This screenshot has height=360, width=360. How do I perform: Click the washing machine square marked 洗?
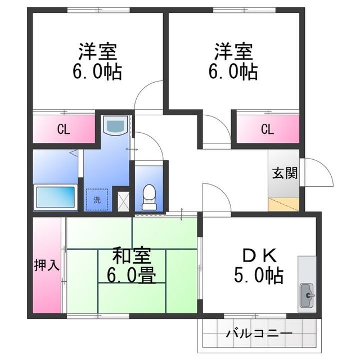97,199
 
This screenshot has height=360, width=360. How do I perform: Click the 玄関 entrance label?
285,173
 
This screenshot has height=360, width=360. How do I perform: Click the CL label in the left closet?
63,130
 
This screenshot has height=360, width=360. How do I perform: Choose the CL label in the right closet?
267,130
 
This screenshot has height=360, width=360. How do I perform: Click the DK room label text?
258,255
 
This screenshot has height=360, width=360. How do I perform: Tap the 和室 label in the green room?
132,256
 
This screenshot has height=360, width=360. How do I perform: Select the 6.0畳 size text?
132,274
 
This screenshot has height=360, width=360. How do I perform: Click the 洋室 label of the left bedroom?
97,51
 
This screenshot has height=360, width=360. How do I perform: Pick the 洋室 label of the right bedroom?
234,51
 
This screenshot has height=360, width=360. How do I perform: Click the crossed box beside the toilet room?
122,200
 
